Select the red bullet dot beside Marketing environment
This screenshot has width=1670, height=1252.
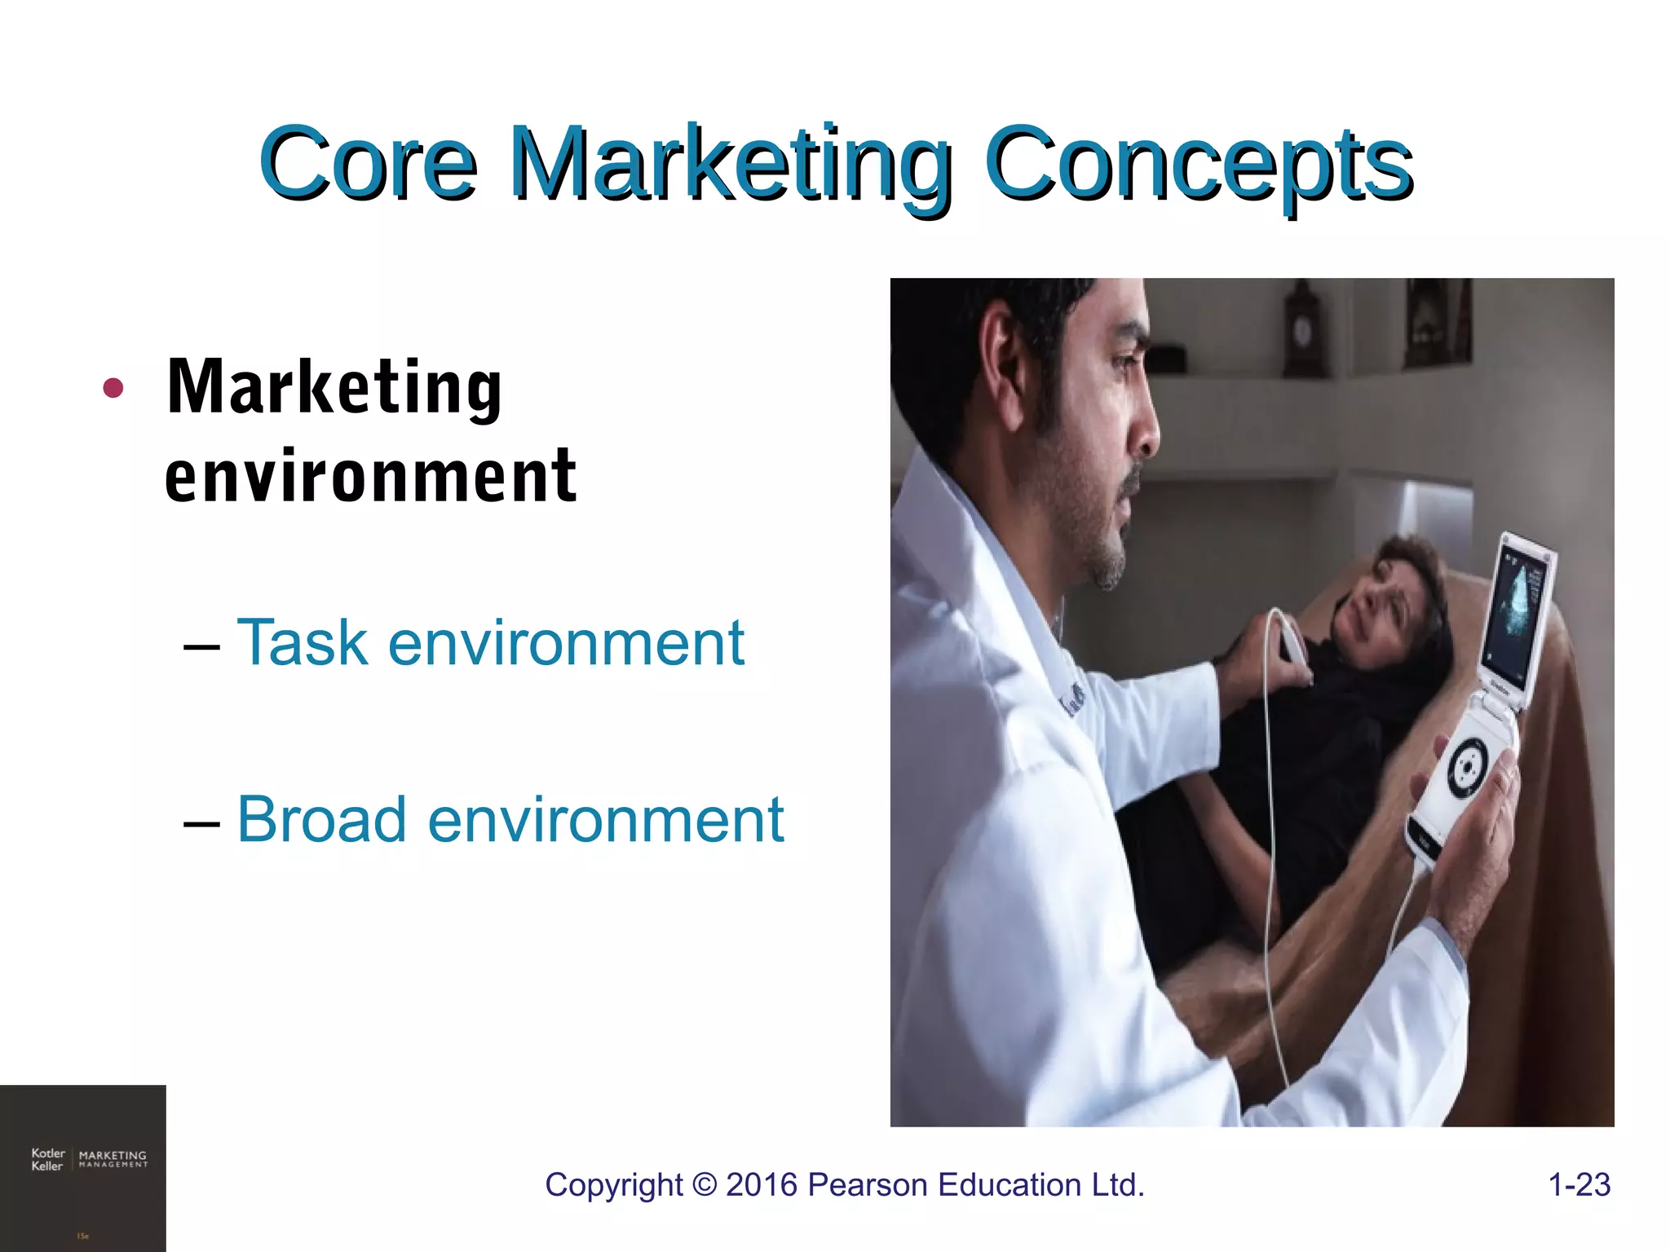coord(113,389)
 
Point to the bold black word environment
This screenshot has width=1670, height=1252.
coord(370,476)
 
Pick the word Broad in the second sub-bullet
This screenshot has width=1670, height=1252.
coord(321,819)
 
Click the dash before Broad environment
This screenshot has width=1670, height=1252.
coord(201,822)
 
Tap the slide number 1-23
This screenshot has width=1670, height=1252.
coord(1579,1184)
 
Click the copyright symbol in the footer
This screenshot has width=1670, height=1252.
coord(703,1185)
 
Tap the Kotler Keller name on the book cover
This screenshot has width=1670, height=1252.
coord(47,1159)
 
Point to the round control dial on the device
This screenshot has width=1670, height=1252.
coord(1468,766)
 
